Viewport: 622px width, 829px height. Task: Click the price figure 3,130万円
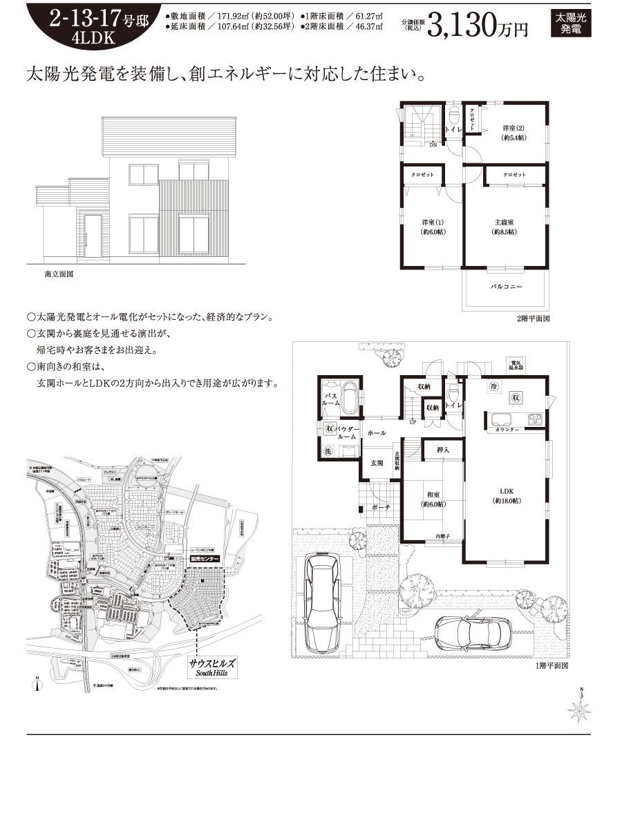[x=478, y=26]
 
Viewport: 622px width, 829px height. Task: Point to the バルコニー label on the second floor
[x=506, y=286]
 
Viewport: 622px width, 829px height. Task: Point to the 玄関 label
[x=376, y=462]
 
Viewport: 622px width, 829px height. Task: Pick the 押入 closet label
[x=443, y=450]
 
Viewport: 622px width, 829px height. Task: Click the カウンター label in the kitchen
[x=507, y=430]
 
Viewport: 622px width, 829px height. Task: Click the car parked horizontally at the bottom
[x=473, y=631]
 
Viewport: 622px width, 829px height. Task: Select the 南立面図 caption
[x=59, y=274]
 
